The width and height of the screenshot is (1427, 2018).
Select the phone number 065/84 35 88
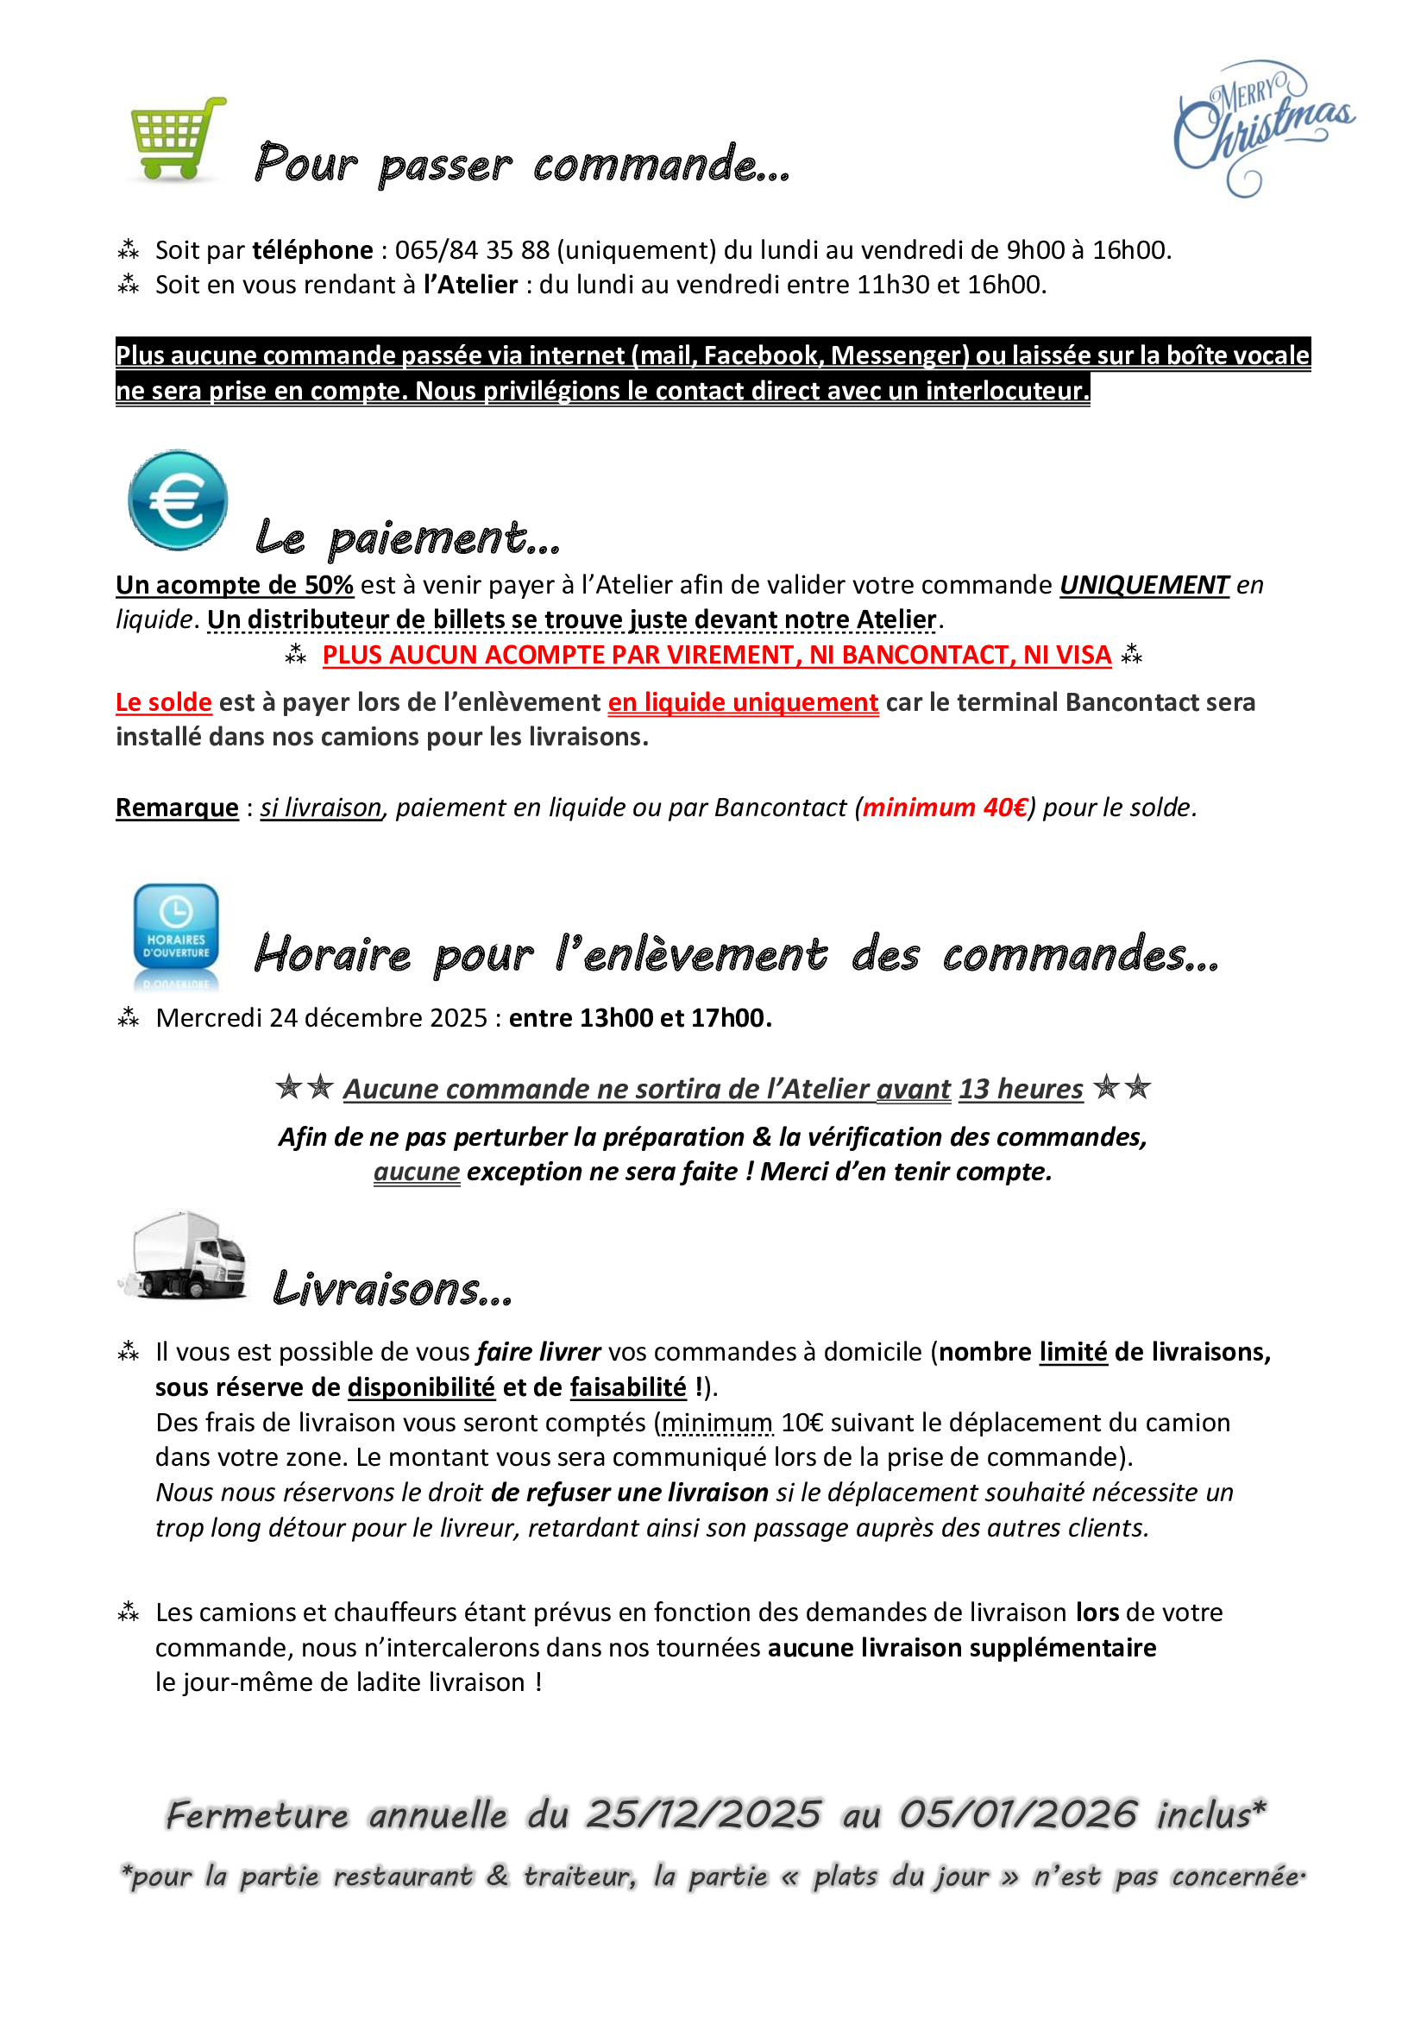[472, 250]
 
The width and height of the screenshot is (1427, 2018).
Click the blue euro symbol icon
[178, 500]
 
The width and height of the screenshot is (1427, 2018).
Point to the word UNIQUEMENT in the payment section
[1143, 585]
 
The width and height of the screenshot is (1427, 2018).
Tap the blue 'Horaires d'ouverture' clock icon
[176, 935]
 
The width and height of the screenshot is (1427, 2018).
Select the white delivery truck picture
[185, 1256]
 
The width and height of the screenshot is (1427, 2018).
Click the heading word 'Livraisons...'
[392, 1289]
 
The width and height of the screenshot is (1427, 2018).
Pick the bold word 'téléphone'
[313, 250]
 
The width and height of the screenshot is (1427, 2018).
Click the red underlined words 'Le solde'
[163, 702]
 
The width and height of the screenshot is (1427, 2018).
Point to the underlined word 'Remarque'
[177, 808]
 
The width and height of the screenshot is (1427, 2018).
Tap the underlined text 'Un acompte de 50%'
[234, 585]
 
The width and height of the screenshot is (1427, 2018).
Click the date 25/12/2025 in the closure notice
[704, 1815]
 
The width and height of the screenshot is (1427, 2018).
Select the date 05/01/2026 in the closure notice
[1017, 1815]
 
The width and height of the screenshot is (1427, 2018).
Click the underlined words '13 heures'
[1020, 1089]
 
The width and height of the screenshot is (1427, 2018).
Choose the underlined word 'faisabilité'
[627, 1387]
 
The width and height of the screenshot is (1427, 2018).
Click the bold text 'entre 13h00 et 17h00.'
[639, 1018]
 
